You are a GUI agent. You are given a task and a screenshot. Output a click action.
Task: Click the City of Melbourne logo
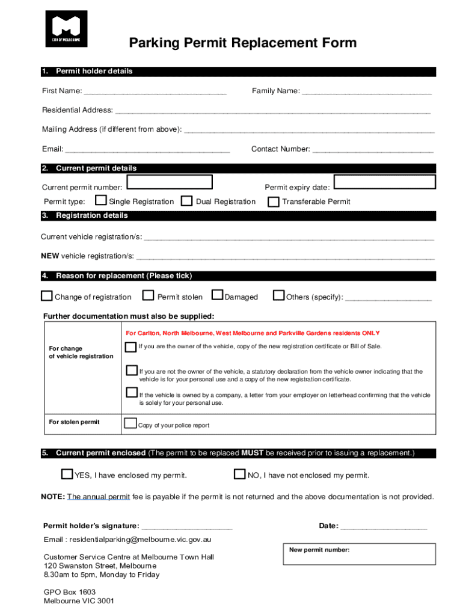tap(66, 29)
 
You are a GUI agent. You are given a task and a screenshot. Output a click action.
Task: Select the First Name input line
tap(155, 92)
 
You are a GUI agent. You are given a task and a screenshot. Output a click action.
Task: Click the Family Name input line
tap(366, 92)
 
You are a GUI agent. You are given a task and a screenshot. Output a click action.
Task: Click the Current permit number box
tap(171, 183)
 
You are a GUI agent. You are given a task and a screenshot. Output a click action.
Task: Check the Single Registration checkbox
tap(101, 201)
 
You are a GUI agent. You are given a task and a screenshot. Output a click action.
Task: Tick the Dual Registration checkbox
tap(187, 201)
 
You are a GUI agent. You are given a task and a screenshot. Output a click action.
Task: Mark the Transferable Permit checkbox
tap(274, 201)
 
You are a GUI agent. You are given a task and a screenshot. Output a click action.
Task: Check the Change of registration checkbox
tap(46, 295)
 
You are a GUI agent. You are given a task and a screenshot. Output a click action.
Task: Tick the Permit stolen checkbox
tap(148, 295)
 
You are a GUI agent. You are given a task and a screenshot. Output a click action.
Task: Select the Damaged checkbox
tap(217, 295)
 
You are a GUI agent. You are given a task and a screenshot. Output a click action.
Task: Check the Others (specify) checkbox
tap(278, 295)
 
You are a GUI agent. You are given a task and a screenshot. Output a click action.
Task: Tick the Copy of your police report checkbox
tap(130, 423)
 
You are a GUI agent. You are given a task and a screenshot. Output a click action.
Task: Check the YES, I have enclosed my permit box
tap(67, 474)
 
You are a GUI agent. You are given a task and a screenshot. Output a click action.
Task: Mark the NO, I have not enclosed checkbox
tap(239, 474)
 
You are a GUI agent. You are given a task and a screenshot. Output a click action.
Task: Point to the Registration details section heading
tap(91, 215)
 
